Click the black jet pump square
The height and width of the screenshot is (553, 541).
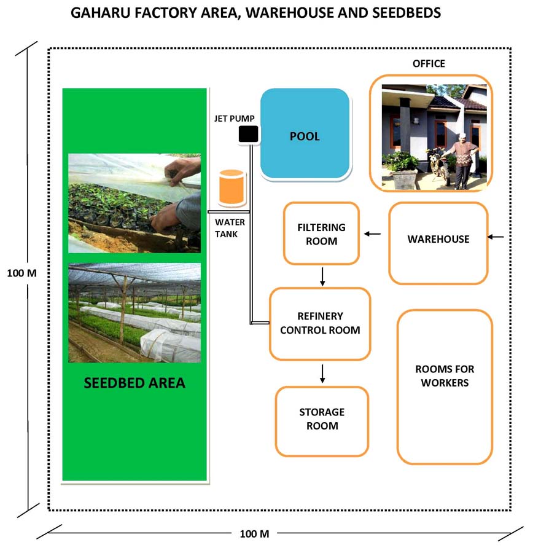[248, 134]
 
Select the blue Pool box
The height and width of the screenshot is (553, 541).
[305, 135]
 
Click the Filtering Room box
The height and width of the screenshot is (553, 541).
[321, 233]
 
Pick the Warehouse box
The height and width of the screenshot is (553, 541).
[438, 243]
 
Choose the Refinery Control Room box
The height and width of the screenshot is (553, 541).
[320, 324]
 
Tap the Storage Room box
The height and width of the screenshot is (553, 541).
[322, 422]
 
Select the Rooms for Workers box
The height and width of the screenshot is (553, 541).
[445, 386]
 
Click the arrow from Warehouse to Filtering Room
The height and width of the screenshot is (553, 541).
[372, 233]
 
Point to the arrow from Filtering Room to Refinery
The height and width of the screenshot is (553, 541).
[322, 276]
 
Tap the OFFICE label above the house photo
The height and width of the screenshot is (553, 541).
[429, 64]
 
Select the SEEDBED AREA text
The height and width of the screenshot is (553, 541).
[134, 383]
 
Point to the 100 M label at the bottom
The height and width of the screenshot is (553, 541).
[254, 534]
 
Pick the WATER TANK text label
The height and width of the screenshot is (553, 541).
[230, 227]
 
